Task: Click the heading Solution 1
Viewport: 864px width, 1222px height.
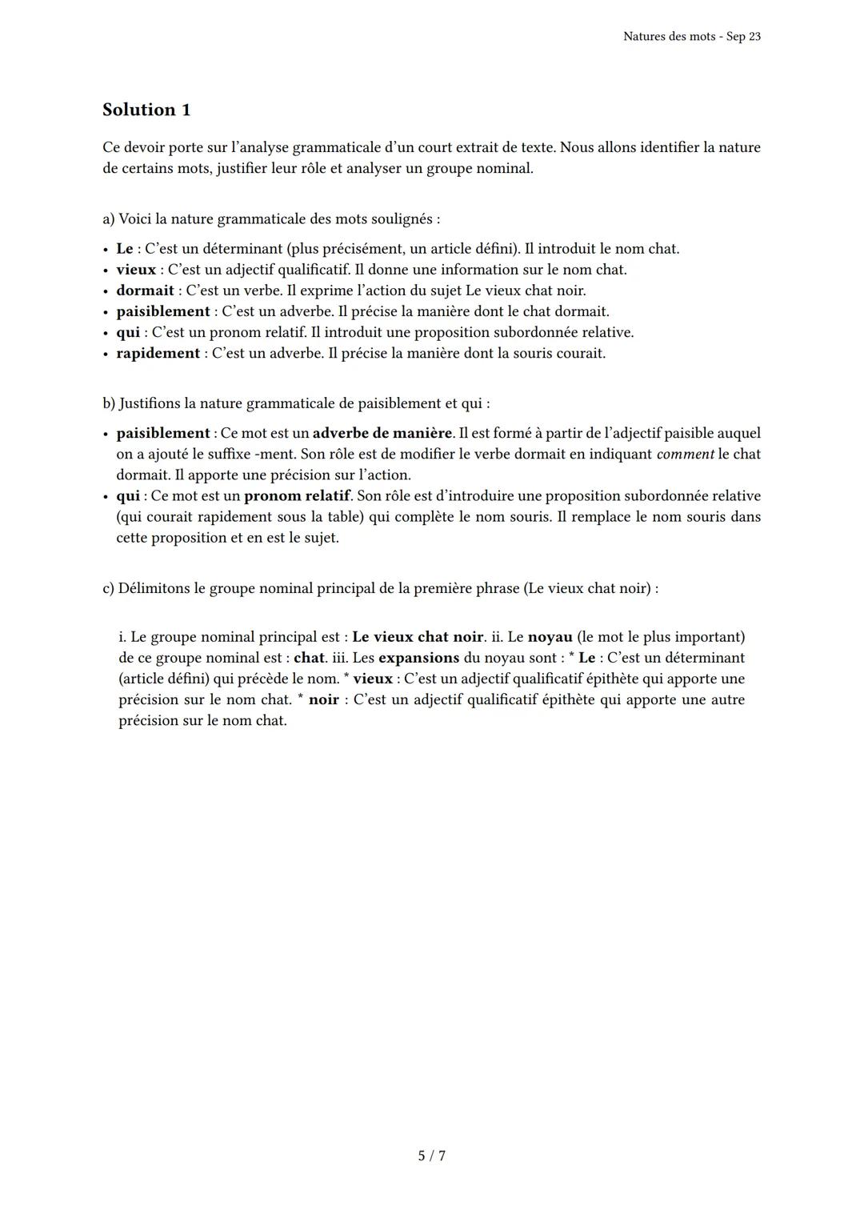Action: (x=146, y=110)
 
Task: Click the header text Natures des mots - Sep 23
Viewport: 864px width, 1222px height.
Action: (x=691, y=37)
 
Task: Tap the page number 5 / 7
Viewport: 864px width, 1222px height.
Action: (x=432, y=1156)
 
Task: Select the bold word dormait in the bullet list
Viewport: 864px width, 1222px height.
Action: (x=145, y=290)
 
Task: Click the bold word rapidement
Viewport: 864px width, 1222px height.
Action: (x=158, y=353)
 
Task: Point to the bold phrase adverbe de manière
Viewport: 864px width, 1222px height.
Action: (x=382, y=433)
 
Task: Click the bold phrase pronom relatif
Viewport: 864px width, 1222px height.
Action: (x=297, y=495)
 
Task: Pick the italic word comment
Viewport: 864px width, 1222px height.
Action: (x=685, y=454)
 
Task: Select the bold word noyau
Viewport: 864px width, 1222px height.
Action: (x=550, y=637)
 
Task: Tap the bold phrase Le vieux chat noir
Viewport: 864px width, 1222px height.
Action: (x=418, y=637)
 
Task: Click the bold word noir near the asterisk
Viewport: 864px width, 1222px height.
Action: (x=323, y=699)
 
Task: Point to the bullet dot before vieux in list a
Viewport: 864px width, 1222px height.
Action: (x=106, y=270)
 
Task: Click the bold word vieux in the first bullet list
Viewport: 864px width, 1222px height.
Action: (x=136, y=270)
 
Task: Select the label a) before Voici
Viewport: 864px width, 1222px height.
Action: (x=109, y=218)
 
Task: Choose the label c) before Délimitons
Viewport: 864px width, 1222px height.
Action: (x=109, y=588)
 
